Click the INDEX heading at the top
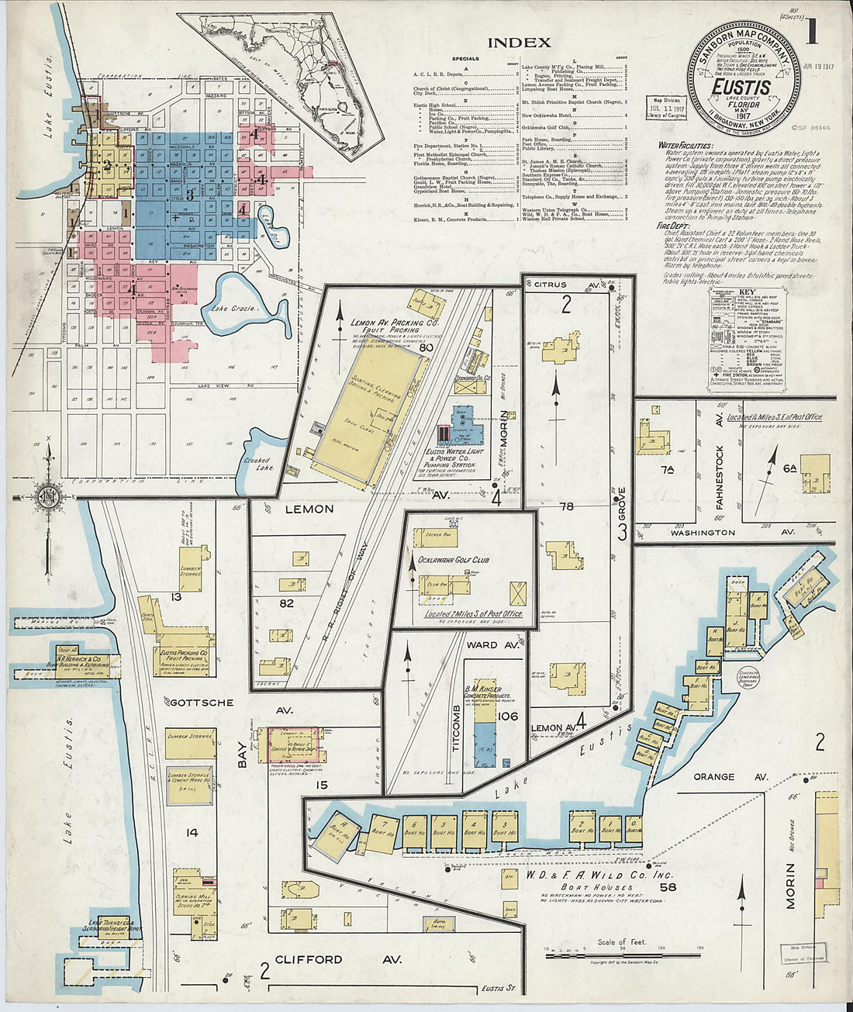(x=520, y=43)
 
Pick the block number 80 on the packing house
(x=425, y=348)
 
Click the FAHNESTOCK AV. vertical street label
(x=720, y=477)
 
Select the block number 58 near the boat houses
(x=666, y=887)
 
